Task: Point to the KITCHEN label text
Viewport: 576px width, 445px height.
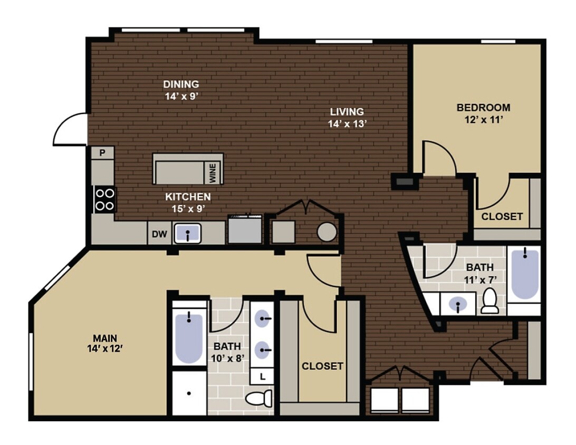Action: pos(188,197)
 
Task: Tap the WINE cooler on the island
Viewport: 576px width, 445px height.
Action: pos(213,172)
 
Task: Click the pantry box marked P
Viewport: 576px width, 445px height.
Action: pos(103,153)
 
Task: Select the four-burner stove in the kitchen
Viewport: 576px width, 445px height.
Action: pos(104,199)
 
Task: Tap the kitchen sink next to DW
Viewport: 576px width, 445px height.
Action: pos(187,233)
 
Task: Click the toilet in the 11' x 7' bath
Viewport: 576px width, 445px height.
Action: pos(489,301)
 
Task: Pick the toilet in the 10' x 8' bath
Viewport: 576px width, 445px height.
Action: pos(259,398)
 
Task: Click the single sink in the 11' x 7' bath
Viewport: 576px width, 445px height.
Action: pos(457,304)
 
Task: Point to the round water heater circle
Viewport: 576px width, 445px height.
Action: pos(327,232)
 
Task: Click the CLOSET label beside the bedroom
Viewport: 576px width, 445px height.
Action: pos(502,216)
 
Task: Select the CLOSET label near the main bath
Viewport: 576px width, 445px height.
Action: pos(322,366)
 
